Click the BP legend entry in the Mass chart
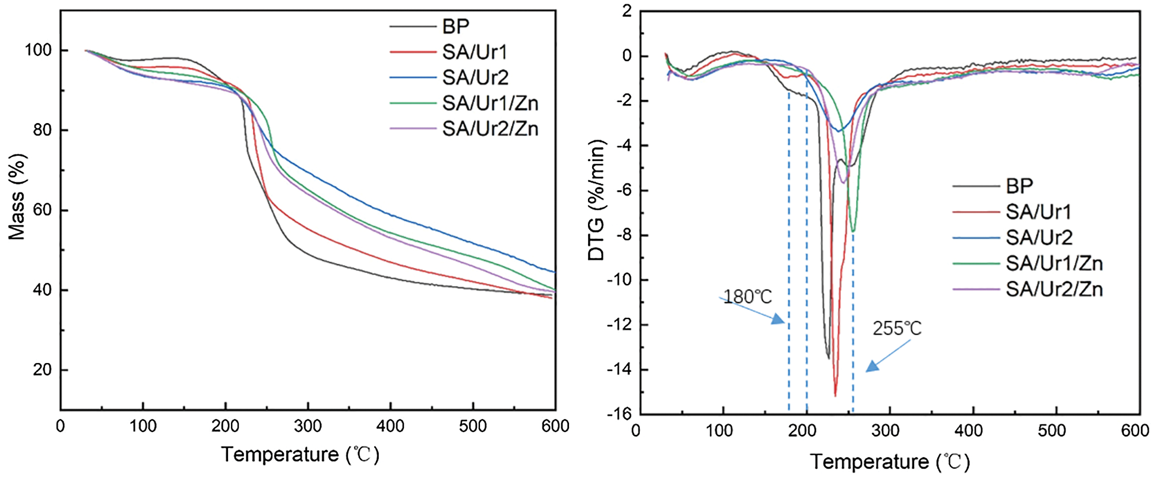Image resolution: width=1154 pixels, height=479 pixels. click(456, 27)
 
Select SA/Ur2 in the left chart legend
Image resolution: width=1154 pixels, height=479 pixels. click(475, 78)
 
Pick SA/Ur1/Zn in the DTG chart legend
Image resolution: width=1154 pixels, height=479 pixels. click(1054, 263)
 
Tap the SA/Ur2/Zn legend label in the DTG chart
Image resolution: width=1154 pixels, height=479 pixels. click(1054, 289)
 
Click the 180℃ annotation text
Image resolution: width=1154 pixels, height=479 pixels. click(747, 297)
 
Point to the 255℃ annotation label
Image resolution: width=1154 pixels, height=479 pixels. click(897, 328)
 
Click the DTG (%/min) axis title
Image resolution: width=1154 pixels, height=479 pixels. click(596, 200)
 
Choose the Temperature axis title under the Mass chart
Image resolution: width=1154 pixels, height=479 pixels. click(300, 455)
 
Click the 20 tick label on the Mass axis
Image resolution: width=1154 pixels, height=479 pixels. click(42, 370)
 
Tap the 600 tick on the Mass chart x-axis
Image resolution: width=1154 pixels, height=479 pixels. click(555, 426)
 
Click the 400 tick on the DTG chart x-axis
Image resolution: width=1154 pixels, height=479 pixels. click(973, 431)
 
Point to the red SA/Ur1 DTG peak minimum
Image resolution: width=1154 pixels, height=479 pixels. click(835, 395)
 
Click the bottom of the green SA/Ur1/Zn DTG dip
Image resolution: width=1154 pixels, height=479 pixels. click(853, 231)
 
